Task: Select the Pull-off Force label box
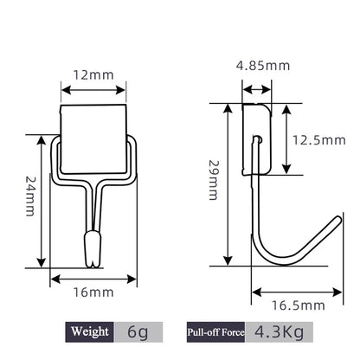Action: pyautogui.click(x=213, y=331)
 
